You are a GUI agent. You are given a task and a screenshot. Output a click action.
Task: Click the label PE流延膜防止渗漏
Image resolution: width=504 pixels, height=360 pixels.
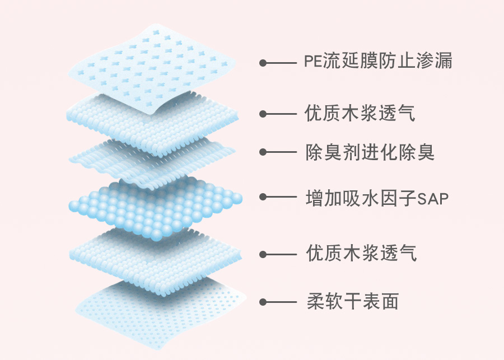[378, 60]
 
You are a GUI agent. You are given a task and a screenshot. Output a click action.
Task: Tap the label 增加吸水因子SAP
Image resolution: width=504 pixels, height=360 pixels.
[377, 198]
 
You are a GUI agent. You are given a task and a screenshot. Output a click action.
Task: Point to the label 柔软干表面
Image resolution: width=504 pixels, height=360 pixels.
[353, 302]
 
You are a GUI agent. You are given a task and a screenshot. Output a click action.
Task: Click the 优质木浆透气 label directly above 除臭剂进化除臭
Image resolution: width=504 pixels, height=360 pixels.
[360, 113]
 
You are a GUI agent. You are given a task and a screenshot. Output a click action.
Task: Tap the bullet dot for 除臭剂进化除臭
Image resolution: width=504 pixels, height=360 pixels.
[263, 152]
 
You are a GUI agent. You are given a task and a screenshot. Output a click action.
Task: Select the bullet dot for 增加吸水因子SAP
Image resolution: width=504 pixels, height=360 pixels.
[263, 197]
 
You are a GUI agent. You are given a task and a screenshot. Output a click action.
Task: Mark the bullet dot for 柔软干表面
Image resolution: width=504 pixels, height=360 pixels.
[263, 302]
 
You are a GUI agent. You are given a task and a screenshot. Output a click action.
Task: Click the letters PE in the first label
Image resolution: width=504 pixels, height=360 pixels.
[312, 61]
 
